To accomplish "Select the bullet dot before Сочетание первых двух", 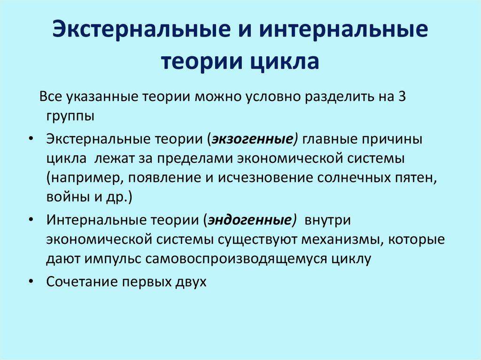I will click(x=31, y=283).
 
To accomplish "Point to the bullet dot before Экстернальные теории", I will click(x=31, y=140).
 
